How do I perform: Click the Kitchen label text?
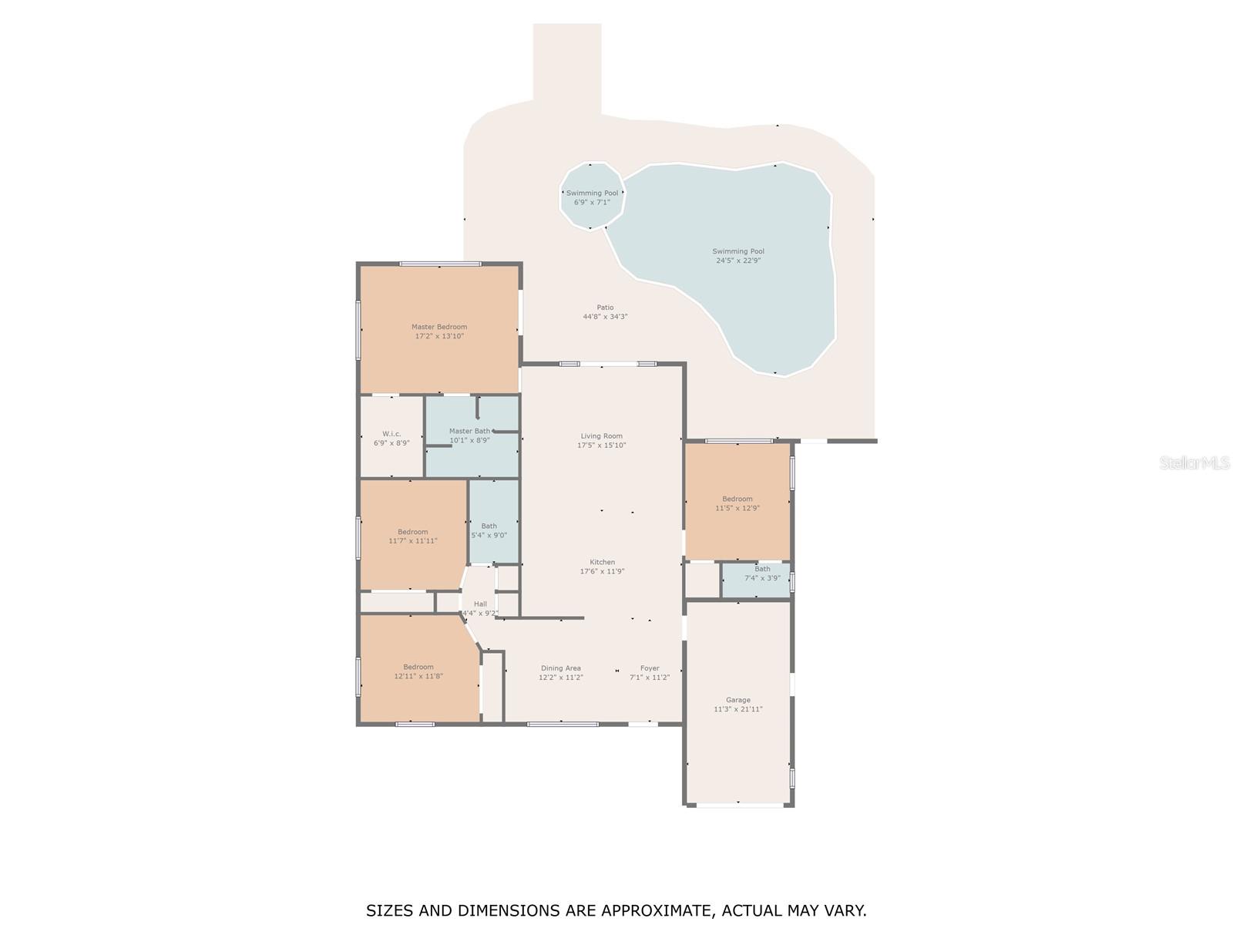pyautogui.click(x=602, y=562)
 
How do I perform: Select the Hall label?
pyautogui.click(x=480, y=604)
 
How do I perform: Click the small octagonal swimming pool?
pyautogui.click(x=592, y=196)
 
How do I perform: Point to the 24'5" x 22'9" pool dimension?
pyautogui.click(x=738, y=261)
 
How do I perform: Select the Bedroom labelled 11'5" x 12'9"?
pyautogui.click(x=737, y=503)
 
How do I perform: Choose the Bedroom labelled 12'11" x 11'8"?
pyautogui.click(x=418, y=671)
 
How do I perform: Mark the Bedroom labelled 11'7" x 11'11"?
pyautogui.click(x=413, y=536)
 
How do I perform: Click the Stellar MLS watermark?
pyautogui.click(x=1194, y=462)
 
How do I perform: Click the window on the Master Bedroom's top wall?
pyautogui.click(x=440, y=264)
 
